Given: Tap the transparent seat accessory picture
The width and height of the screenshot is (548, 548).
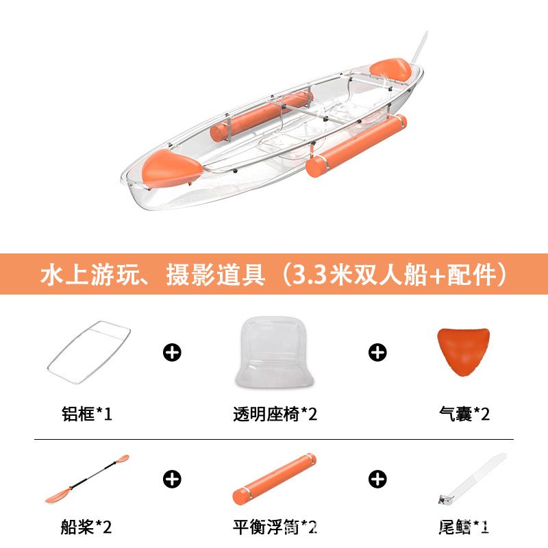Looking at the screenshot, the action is (275, 352).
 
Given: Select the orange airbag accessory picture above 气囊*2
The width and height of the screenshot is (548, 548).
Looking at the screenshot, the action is (463, 351).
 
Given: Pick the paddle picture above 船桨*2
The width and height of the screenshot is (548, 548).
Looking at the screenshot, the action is (87, 478).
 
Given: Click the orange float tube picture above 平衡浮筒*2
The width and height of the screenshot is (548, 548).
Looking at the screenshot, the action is (275, 478).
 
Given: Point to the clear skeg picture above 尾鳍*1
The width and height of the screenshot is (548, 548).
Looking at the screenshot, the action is (473, 478).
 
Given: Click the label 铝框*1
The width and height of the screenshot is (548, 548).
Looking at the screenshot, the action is (87, 414).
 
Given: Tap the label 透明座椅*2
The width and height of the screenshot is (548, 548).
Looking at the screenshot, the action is (275, 414).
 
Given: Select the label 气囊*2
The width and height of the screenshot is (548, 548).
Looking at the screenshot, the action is (464, 414).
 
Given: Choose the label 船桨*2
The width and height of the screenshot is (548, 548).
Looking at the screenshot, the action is (86, 527).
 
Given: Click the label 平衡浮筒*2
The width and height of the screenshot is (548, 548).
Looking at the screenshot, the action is (275, 527).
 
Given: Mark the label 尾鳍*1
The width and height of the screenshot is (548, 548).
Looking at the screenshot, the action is (464, 527).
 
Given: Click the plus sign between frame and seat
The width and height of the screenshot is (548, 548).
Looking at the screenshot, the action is (172, 352).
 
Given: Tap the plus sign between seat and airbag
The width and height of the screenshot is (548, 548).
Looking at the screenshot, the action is (377, 352).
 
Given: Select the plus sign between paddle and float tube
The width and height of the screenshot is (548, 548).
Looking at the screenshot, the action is (172, 479).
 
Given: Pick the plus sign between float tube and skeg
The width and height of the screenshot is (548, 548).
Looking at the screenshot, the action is (377, 479).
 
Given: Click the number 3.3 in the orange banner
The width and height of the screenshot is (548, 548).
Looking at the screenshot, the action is (309, 275).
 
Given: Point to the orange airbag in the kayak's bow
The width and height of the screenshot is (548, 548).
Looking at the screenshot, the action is (171, 169).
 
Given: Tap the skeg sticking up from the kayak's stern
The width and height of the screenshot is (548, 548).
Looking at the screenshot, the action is (419, 47).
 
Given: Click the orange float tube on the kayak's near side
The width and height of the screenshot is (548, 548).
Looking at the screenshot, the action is (356, 145).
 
